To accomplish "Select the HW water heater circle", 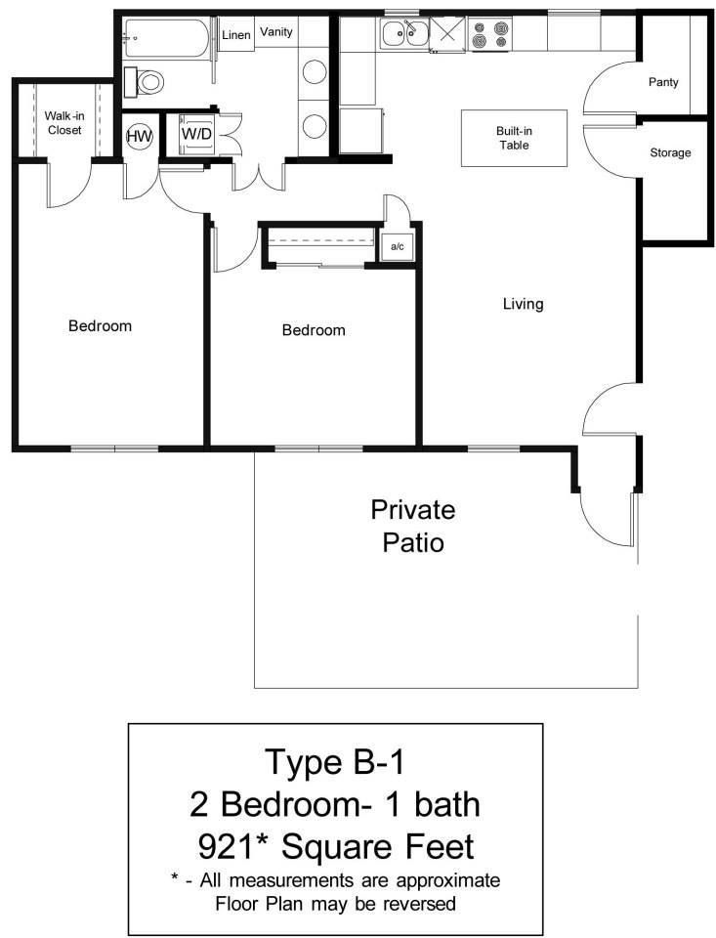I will point(140,136).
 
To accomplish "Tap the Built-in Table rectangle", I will point(514,138).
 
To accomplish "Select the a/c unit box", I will point(398,247).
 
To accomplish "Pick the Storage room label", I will point(670,152).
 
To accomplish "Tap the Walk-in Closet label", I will point(63,123).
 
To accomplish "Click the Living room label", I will point(523,304).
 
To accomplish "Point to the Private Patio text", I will point(412,525).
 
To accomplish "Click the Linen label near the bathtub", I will point(236,35).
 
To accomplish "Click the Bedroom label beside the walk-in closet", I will point(100,325).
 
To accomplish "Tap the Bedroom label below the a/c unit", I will point(314,330).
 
